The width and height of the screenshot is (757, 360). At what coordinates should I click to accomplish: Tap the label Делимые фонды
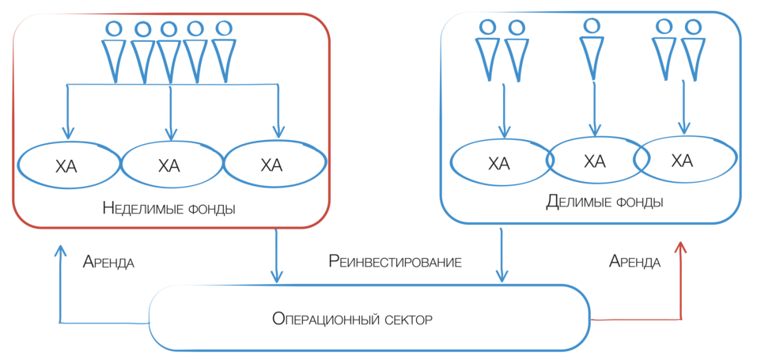[x=604, y=203]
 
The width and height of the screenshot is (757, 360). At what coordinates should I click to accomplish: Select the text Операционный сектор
[x=353, y=319]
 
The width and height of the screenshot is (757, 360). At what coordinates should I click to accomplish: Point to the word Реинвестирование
[x=395, y=260]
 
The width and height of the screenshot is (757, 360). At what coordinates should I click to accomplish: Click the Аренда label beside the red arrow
[x=635, y=261]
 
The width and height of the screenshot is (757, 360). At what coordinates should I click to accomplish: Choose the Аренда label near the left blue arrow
[x=108, y=263]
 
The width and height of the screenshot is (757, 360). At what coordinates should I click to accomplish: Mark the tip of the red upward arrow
[x=680, y=248]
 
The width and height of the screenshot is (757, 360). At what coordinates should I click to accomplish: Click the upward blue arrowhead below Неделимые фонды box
[x=60, y=251]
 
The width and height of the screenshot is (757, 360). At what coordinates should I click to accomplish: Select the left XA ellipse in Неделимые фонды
[x=67, y=165]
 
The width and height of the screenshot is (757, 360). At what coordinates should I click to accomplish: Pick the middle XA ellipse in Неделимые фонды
[x=170, y=165]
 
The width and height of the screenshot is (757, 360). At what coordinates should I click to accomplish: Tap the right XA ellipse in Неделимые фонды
[x=273, y=165]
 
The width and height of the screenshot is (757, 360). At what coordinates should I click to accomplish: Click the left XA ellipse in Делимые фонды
[x=499, y=164]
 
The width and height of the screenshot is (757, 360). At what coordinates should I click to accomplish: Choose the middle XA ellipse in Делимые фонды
[x=595, y=161]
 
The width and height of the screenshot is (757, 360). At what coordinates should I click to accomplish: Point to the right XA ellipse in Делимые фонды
[x=682, y=161]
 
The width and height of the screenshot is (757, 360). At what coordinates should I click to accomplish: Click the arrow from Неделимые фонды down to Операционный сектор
[x=276, y=257]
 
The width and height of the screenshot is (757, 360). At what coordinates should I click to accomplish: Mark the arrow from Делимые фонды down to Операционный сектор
[x=501, y=253]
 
